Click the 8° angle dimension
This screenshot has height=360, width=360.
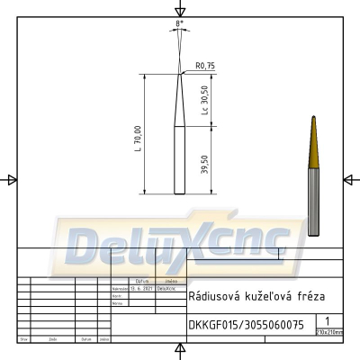click(180, 20)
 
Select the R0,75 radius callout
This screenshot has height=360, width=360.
click(204, 66)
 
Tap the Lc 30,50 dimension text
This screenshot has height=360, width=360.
click(205, 99)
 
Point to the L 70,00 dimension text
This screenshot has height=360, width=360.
click(138, 137)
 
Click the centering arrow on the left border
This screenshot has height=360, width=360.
click(11, 180)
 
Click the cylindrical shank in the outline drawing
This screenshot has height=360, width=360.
click(179, 162)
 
